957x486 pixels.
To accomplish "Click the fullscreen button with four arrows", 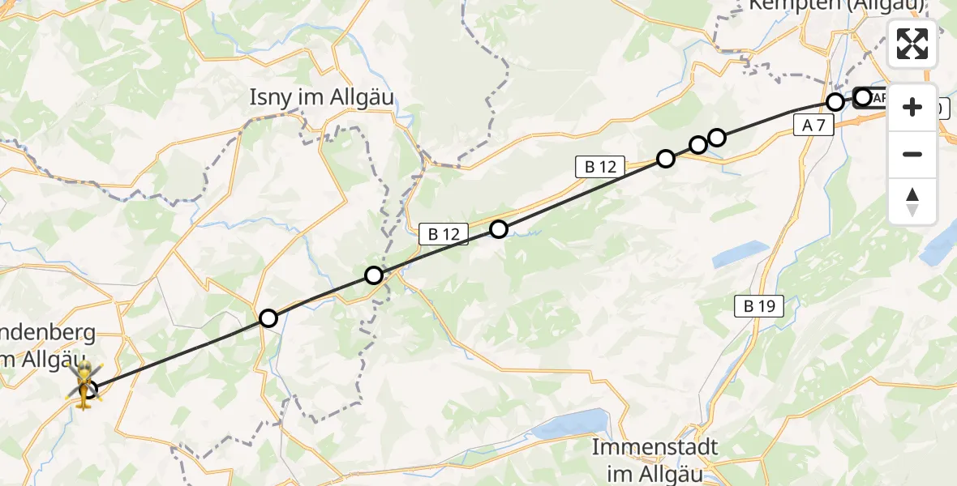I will (912, 44).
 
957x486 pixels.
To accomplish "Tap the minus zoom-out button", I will (912, 154).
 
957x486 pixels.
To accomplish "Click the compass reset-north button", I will (912, 201).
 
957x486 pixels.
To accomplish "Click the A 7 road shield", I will (813, 124).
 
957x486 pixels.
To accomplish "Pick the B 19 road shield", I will (758, 306).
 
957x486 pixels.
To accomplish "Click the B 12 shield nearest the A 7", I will (599, 167).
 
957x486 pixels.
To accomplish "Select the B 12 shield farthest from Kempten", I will (444, 235).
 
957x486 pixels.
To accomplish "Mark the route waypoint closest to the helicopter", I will (268, 318).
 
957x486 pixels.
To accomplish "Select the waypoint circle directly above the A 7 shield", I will (835, 101).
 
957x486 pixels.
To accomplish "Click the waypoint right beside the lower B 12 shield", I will (498, 229).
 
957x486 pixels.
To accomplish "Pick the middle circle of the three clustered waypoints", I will (697, 145).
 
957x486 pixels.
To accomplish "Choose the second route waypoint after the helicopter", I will (373, 275).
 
